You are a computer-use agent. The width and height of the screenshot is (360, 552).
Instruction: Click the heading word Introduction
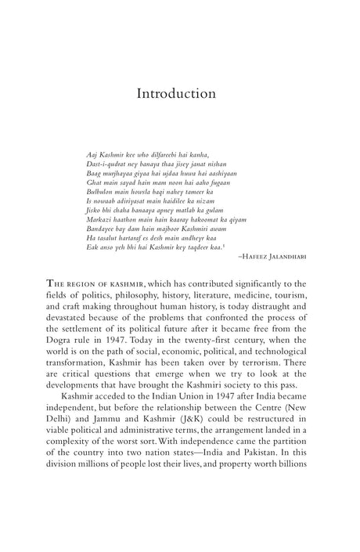pyautogui.click(x=176, y=94)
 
